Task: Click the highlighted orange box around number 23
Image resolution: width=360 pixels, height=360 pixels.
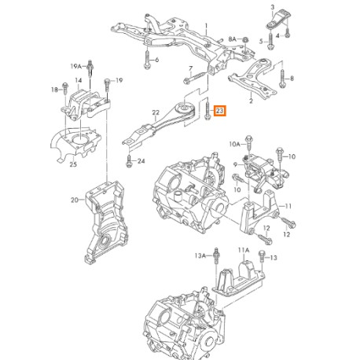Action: coord(219,112)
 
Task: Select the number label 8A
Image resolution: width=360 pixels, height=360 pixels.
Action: coord(231,38)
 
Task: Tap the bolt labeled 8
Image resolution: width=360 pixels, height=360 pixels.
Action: coord(281,79)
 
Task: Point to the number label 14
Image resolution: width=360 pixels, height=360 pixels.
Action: coord(79,80)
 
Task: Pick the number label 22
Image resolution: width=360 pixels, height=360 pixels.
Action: coord(156,112)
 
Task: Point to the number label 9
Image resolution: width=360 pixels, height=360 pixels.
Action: coord(234,163)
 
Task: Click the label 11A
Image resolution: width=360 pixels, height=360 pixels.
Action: coord(244,250)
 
